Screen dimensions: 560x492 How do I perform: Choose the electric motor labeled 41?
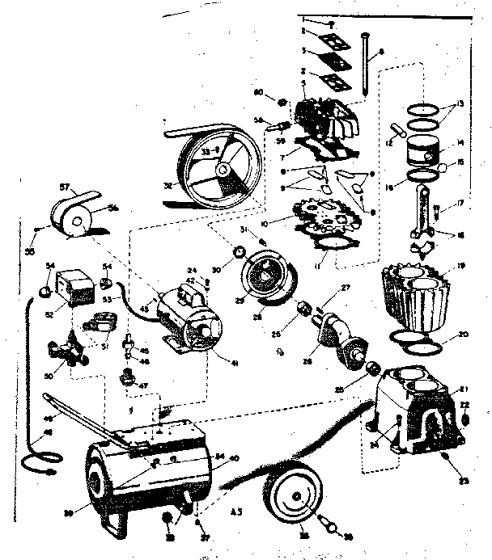coord(188,322)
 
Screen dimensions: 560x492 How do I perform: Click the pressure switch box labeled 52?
coord(78,287)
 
